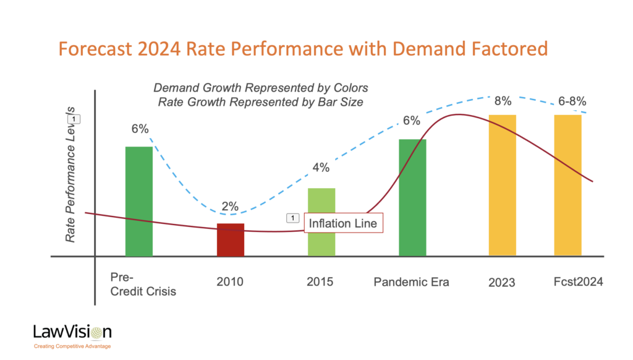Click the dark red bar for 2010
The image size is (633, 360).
[x=231, y=239]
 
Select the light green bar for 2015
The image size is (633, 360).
[x=321, y=222]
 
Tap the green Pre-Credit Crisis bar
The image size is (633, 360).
[x=139, y=201]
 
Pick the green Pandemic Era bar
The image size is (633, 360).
[x=412, y=197]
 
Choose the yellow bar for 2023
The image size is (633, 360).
[x=503, y=186]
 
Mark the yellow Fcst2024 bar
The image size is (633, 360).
[x=568, y=186]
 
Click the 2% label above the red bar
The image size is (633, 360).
[x=230, y=207]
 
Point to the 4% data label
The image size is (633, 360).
[x=321, y=167]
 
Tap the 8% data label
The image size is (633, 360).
[x=503, y=101]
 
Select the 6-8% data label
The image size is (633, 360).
[x=572, y=101]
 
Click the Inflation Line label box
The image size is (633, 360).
[x=343, y=223]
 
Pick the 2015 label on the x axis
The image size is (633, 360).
[x=320, y=281]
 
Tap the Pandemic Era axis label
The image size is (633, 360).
[x=411, y=281]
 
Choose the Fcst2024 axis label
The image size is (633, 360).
[x=578, y=281]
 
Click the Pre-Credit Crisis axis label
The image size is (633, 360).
[x=143, y=284]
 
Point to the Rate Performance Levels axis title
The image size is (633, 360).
[x=70, y=174]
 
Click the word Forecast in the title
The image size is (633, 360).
[x=95, y=48]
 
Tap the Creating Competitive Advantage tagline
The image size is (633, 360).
[x=72, y=346]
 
